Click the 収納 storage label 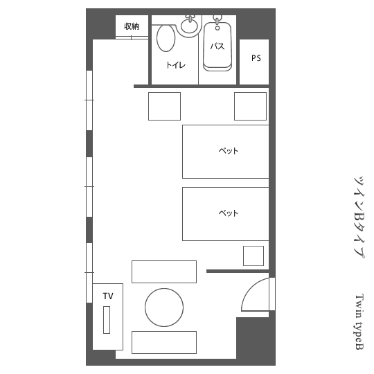coord(132,26)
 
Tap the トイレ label coord(176,65)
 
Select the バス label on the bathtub coord(217,46)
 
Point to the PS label coord(256,58)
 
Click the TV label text coord(108,296)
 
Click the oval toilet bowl coord(166,38)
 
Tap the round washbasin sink coord(189,26)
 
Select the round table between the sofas coord(164,308)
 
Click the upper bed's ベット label coord(229,151)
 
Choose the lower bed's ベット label coord(229,213)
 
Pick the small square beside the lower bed coord(253,256)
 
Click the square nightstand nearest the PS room coord(250,106)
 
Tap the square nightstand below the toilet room coord(164,106)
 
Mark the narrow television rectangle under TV coord(107,320)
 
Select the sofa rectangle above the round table coord(164,271)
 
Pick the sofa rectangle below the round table coord(164,342)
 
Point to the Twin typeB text coord(359,322)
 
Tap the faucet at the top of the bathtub coord(217,22)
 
